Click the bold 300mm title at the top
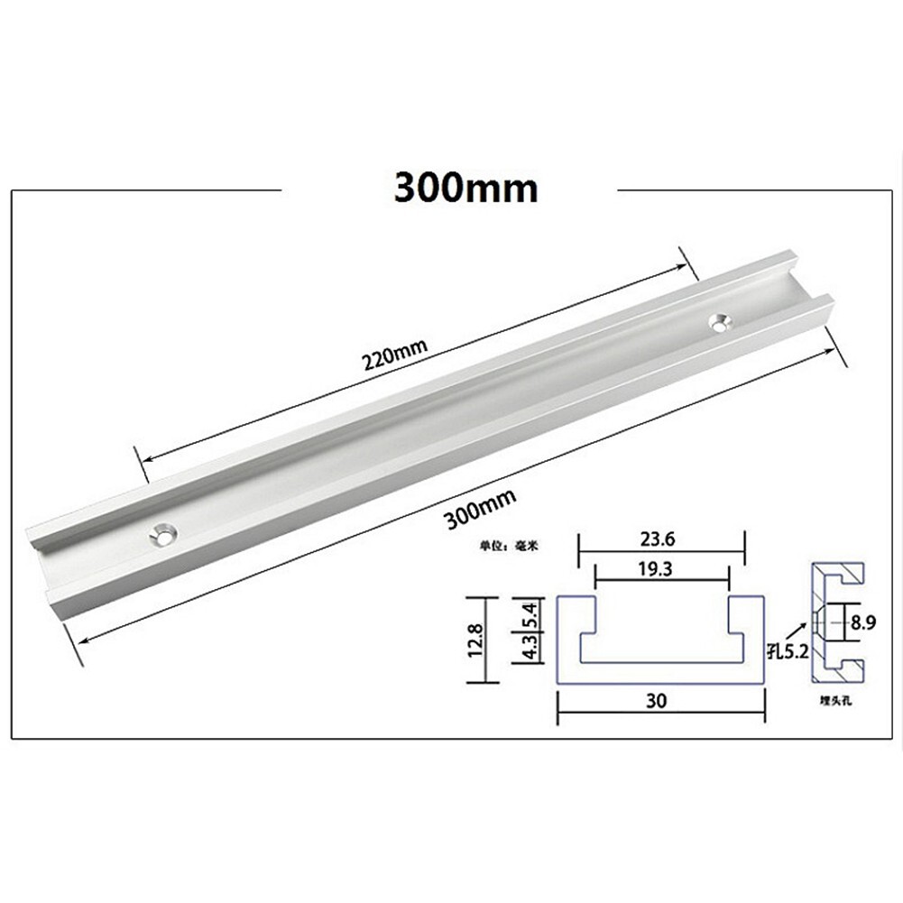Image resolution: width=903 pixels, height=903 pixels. point(465,189)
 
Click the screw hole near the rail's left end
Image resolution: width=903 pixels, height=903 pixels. point(164,533)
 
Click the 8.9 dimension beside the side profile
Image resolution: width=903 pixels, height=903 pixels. point(864,622)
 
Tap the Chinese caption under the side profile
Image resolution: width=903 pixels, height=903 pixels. point(835,700)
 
